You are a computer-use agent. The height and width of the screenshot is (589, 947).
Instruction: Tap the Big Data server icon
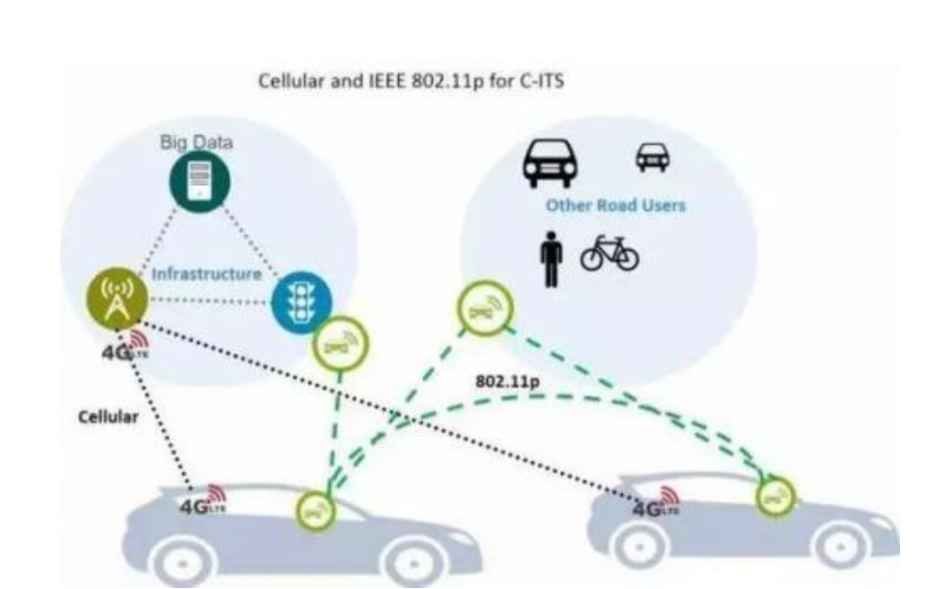(x=200, y=180)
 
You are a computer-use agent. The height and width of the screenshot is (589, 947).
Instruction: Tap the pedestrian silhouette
(x=552, y=259)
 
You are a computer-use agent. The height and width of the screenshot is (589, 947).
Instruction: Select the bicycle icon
(x=609, y=255)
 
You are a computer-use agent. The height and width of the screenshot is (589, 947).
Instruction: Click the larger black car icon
(x=551, y=163)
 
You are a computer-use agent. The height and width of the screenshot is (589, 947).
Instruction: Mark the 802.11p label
(x=507, y=382)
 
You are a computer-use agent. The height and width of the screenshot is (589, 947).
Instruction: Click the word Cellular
(x=109, y=416)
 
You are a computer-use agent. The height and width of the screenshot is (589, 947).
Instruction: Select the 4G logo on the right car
(x=655, y=504)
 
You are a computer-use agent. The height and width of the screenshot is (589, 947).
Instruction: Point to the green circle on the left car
(x=314, y=510)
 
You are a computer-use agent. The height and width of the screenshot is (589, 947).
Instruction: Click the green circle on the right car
(x=774, y=497)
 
